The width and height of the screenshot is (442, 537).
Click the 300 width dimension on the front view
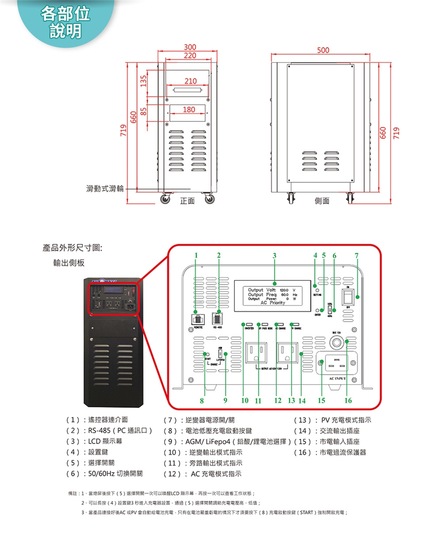click(190, 47)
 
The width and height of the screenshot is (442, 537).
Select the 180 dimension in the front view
click(189, 110)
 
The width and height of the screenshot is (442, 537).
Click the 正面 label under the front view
click(187, 201)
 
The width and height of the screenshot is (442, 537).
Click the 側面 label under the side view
click(322, 201)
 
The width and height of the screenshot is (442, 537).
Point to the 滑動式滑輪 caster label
click(105, 189)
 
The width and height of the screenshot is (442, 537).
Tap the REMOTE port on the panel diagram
click(196, 319)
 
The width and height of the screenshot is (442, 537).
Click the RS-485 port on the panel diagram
click(218, 319)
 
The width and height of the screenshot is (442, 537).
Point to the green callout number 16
click(348, 401)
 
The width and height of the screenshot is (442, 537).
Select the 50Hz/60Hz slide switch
click(330, 309)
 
